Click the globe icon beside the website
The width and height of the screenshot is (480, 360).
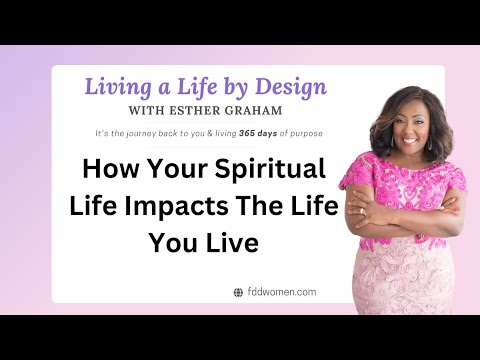[x=237, y=292]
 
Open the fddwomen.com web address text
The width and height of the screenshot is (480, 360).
[x=281, y=292]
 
